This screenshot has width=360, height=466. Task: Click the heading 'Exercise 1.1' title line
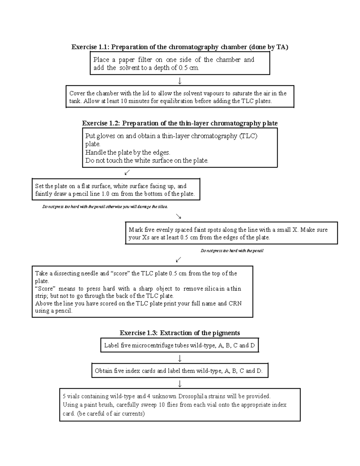click(x=179, y=47)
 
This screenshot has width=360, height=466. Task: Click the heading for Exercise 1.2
click(x=180, y=123)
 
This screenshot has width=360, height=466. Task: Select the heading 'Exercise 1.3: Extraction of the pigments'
click(x=180, y=333)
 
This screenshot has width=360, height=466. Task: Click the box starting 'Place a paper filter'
click(x=180, y=64)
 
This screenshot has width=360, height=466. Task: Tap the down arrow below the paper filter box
click(x=180, y=81)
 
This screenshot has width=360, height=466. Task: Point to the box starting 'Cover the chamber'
click(x=180, y=97)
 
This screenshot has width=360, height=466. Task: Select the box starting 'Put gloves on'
click(x=180, y=148)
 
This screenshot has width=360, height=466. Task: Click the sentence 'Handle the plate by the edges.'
click(x=128, y=152)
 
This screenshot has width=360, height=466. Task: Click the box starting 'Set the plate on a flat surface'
click(x=116, y=190)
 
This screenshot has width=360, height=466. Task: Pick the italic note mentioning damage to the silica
click(x=105, y=207)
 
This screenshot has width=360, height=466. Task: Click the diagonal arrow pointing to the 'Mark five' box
click(x=178, y=216)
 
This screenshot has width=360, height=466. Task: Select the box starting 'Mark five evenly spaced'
click(x=231, y=233)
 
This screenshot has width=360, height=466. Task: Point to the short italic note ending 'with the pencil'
click(x=232, y=251)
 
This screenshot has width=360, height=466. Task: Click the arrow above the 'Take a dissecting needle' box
click(x=178, y=259)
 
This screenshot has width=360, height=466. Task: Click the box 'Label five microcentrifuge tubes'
click(x=179, y=345)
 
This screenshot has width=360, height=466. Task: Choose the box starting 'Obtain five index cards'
click(x=179, y=371)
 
